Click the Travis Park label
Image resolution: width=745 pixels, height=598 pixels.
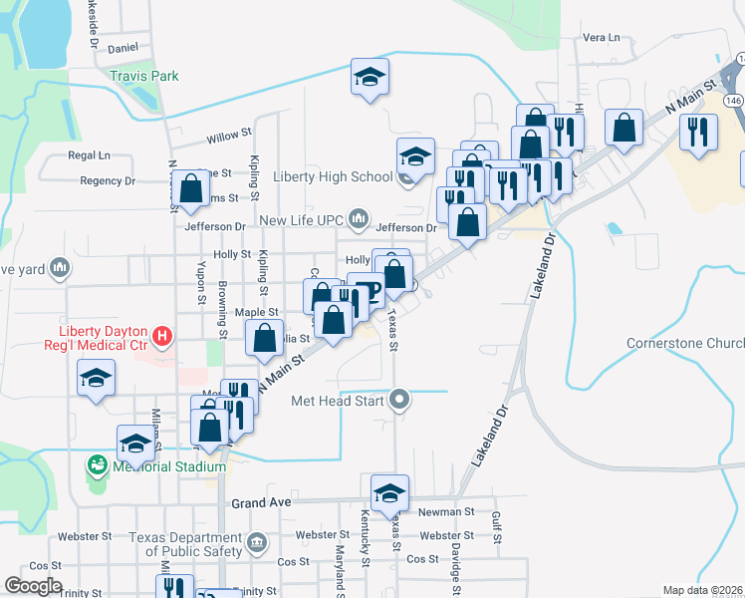(144, 76)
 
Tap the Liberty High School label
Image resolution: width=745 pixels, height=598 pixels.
(333, 177)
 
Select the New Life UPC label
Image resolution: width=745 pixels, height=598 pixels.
(303, 220)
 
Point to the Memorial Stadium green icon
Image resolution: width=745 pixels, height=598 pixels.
(97, 464)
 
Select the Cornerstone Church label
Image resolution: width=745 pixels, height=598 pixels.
(685, 344)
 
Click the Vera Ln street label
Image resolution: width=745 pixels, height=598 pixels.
(601, 38)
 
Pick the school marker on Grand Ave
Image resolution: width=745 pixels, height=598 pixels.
(389, 491)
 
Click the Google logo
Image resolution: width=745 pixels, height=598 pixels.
(32, 586)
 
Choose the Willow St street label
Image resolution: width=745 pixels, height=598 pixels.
(228, 138)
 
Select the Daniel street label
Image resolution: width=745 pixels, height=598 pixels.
(123, 47)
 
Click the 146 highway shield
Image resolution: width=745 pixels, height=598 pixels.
(734, 101)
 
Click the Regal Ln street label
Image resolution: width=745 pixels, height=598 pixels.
(89, 155)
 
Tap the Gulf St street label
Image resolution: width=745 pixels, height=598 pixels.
(495, 521)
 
